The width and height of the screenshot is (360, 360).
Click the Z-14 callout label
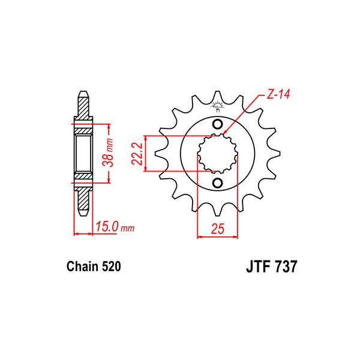tap(278, 94)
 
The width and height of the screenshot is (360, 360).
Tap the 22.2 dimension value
tap(137, 154)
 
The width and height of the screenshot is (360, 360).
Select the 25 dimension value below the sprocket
tap(217, 229)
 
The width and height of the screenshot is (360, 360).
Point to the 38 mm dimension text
tap(108, 152)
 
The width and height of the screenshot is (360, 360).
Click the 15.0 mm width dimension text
tap(115, 227)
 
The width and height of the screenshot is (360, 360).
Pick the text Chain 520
tap(94, 266)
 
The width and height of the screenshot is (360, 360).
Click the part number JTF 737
tap(272, 266)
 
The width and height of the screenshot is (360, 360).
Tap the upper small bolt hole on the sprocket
tap(217, 124)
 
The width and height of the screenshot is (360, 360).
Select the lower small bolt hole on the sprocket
tap(217, 183)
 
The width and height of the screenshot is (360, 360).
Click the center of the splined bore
tap(217, 154)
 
